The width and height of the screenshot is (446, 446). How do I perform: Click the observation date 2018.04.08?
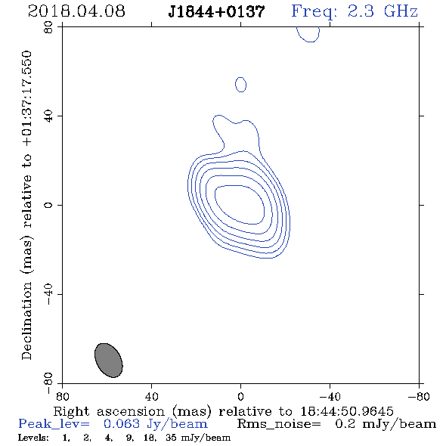coord(76,11)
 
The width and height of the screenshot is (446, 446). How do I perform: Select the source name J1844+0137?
coord(216,12)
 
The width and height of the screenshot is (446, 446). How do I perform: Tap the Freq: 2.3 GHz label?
coord(355,11)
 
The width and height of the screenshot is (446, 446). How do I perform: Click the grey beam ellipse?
coord(109,361)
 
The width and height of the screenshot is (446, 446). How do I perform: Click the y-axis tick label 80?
coord(48,27)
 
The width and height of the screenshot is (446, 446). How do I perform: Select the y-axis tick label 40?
coord(48,116)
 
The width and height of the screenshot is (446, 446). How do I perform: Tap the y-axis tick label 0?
coord(48,205)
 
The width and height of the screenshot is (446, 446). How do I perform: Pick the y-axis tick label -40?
coord(48,294)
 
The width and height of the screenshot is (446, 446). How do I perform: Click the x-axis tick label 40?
coord(152,397)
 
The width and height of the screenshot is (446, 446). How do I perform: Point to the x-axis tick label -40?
coord(330,397)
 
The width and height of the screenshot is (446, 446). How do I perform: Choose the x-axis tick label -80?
coord(418,397)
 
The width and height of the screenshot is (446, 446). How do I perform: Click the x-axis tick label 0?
coord(240,397)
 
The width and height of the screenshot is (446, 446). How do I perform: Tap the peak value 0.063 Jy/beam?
coord(155,424)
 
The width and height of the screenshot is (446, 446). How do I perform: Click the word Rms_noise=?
coord(279,424)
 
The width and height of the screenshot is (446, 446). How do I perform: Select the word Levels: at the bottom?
coord(33,438)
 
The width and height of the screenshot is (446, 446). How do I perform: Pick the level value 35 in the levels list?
coord(171,438)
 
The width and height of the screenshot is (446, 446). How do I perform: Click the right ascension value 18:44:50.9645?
coord(347,411)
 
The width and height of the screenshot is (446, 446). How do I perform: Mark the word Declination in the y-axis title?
coord(26,321)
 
